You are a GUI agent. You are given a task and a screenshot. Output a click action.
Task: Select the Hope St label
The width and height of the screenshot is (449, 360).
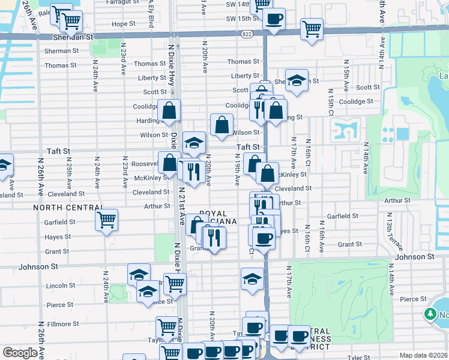(x=124, y=24)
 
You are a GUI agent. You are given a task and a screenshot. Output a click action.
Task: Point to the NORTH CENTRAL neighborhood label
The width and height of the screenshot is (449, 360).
(x=67, y=208)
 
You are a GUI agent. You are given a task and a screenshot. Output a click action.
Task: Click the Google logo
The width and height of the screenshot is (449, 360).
(x=20, y=353)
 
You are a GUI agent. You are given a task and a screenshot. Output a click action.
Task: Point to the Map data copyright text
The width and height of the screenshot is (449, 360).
(x=423, y=355)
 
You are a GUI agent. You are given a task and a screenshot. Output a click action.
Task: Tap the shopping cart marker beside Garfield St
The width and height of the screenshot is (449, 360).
(x=107, y=221)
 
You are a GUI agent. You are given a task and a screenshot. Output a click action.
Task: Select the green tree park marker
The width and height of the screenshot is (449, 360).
(x=430, y=314)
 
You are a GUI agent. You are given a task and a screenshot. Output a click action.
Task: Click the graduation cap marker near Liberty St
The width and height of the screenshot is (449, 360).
(x=297, y=80)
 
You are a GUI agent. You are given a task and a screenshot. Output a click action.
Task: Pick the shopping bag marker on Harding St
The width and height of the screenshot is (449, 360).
(x=170, y=111)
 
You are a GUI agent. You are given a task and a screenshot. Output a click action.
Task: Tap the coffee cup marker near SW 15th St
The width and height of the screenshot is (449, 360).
(x=274, y=18)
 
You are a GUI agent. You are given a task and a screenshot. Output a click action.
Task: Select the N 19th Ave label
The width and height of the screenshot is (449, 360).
(x=238, y=172)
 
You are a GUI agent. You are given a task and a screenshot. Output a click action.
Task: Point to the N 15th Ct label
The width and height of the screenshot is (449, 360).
(x=331, y=104)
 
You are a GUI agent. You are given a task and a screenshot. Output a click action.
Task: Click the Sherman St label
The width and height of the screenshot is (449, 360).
(x=61, y=51)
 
